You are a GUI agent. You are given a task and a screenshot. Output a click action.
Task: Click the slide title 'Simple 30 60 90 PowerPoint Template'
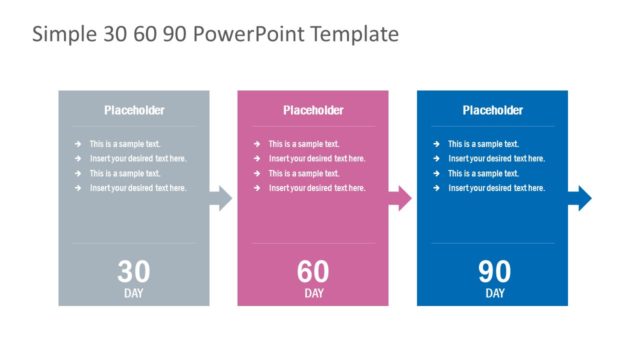coord(215,35)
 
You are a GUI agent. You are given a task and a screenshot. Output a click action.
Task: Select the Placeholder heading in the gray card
coord(134,110)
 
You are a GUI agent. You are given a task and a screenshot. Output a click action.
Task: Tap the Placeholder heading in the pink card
coord(313,110)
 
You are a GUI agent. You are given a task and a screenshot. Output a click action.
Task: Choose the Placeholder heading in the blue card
coord(492,110)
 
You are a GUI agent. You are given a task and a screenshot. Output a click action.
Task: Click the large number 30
coord(134,272)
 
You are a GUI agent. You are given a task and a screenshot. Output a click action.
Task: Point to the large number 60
coord(313,272)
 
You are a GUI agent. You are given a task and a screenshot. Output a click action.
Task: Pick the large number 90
coord(494,272)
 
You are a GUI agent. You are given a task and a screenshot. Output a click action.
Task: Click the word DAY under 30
coord(134,294)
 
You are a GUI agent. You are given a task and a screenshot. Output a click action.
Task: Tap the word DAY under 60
coord(313,294)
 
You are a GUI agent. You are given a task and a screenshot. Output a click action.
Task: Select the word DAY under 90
coord(494,294)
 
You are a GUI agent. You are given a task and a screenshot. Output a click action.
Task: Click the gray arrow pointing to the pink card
coord(221,199)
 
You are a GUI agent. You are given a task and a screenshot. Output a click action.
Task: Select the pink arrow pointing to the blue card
coord(400,199)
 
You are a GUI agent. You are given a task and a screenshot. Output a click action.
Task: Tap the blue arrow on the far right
coord(579,199)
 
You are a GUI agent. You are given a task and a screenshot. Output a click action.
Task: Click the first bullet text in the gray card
coord(124,144)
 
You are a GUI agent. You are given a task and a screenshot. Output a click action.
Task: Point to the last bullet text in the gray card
coord(137,188)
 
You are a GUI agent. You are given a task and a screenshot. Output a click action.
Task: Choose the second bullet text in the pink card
coord(317,159)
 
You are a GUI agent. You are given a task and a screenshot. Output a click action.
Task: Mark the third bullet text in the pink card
coord(304,173)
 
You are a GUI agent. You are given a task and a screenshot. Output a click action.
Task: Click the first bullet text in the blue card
coord(483,144)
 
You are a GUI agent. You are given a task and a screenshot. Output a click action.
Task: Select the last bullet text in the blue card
coord(496,188)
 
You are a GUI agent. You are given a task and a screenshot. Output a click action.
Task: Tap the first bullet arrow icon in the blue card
coord(437,144)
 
